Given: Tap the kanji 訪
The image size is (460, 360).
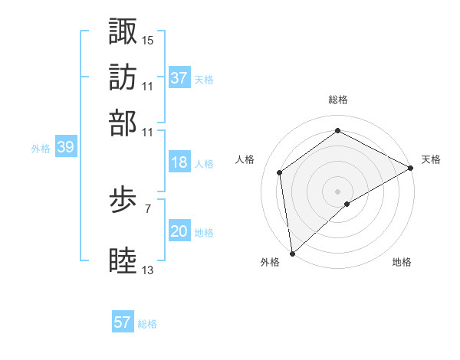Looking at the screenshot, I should point(123,77).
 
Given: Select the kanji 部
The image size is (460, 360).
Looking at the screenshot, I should point(123,123).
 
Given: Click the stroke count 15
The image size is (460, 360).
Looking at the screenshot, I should point(148,39).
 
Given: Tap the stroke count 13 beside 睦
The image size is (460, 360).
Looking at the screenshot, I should point(148,270).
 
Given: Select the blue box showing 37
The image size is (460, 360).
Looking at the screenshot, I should point(179,77).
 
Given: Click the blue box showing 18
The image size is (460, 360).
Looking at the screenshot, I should point(179,162).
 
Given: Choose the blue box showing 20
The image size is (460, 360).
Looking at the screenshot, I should point(179,231).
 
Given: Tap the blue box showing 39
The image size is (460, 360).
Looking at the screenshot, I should point(65,148).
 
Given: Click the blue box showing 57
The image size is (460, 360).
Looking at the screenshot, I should point(123,322).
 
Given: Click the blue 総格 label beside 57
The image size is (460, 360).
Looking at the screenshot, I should point(147,324).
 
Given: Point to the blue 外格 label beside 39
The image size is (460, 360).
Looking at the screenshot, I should point(41,149).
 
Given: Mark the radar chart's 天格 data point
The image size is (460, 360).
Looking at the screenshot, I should point(411,169).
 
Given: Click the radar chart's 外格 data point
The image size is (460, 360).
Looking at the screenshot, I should point(292,253).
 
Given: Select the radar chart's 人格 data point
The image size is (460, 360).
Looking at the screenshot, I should point(280,172).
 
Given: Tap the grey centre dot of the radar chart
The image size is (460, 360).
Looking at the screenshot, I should point(337,191).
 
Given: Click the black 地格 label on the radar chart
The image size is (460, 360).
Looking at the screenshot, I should point(402,263).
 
